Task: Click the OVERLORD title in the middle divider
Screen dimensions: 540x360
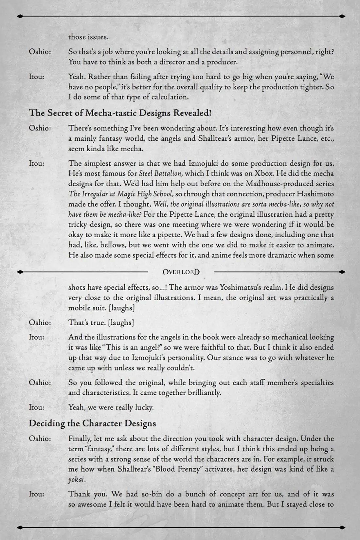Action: click(x=181, y=272)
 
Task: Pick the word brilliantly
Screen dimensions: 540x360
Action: click(x=204, y=392)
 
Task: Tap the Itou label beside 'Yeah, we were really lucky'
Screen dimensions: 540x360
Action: click(x=36, y=407)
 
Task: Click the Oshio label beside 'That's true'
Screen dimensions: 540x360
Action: click(x=40, y=323)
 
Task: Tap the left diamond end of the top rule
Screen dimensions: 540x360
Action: click(x=20, y=16)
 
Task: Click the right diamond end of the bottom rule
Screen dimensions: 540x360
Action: click(x=342, y=528)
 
